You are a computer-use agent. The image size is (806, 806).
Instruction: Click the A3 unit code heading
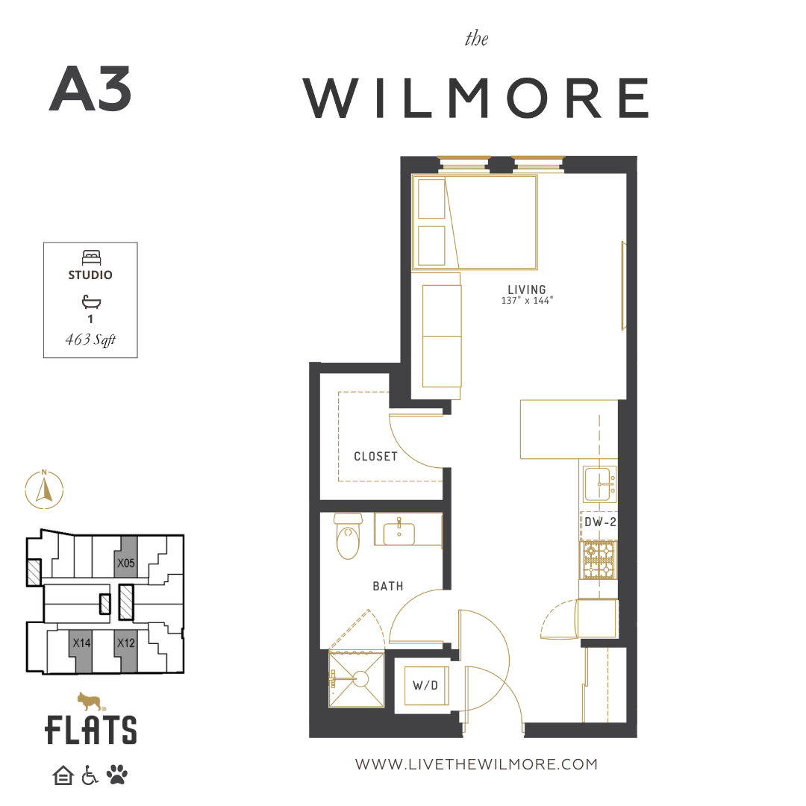tap(90, 89)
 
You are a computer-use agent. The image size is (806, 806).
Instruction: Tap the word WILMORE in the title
tap(476, 99)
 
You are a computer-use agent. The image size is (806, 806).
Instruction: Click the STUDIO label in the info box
tap(90, 275)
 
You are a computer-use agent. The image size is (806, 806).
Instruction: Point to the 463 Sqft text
tap(90, 340)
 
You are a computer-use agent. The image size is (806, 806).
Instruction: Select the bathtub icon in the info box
tap(91, 302)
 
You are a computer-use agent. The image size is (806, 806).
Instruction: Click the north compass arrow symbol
tap(44, 490)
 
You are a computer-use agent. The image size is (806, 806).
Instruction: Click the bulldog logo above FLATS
tap(90, 701)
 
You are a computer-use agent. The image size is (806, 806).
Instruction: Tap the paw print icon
tap(117, 775)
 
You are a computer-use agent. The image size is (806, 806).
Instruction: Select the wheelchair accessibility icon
tap(90, 775)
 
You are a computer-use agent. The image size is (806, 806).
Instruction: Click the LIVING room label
tap(527, 290)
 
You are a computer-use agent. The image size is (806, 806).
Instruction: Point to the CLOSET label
tap(375, 457)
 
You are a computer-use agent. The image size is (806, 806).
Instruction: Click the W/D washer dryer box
tap(425, 685)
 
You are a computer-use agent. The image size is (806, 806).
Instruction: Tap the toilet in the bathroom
tap(348, 536)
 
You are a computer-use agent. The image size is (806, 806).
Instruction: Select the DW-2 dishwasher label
tap(600, 522)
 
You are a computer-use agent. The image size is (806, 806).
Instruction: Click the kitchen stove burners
tap(599, 560)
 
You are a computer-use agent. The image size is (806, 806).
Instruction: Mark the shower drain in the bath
tap(361, 679)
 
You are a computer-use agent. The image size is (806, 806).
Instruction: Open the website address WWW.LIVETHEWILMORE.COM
tap(476, 764)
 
